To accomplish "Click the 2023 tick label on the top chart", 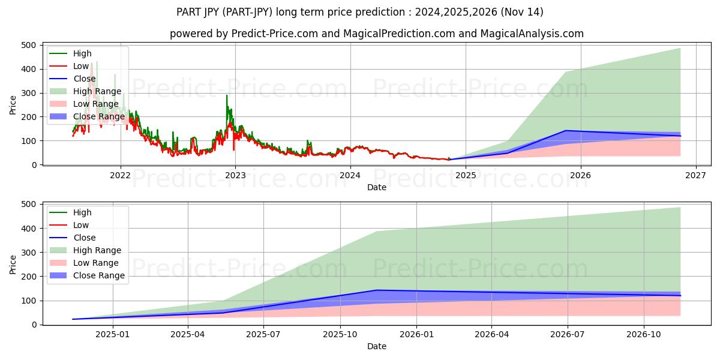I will coord(235,175).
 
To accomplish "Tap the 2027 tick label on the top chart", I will coord(695,175).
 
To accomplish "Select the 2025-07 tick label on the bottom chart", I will coord(264,334).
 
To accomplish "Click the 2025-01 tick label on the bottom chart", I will coord(112,334).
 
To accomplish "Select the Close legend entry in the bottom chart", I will coord(84,238).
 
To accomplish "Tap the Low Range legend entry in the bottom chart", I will coord(95,263).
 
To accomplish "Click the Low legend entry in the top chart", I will coord(81,66).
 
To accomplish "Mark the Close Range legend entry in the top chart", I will coord(98,116).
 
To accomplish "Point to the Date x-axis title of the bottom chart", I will coord(376,346).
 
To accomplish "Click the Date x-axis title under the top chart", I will coord(376,187).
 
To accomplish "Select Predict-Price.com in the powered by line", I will coord(275,34).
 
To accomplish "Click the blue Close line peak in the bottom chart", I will coord(376,290).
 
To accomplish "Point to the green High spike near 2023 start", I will coord(227,96).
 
